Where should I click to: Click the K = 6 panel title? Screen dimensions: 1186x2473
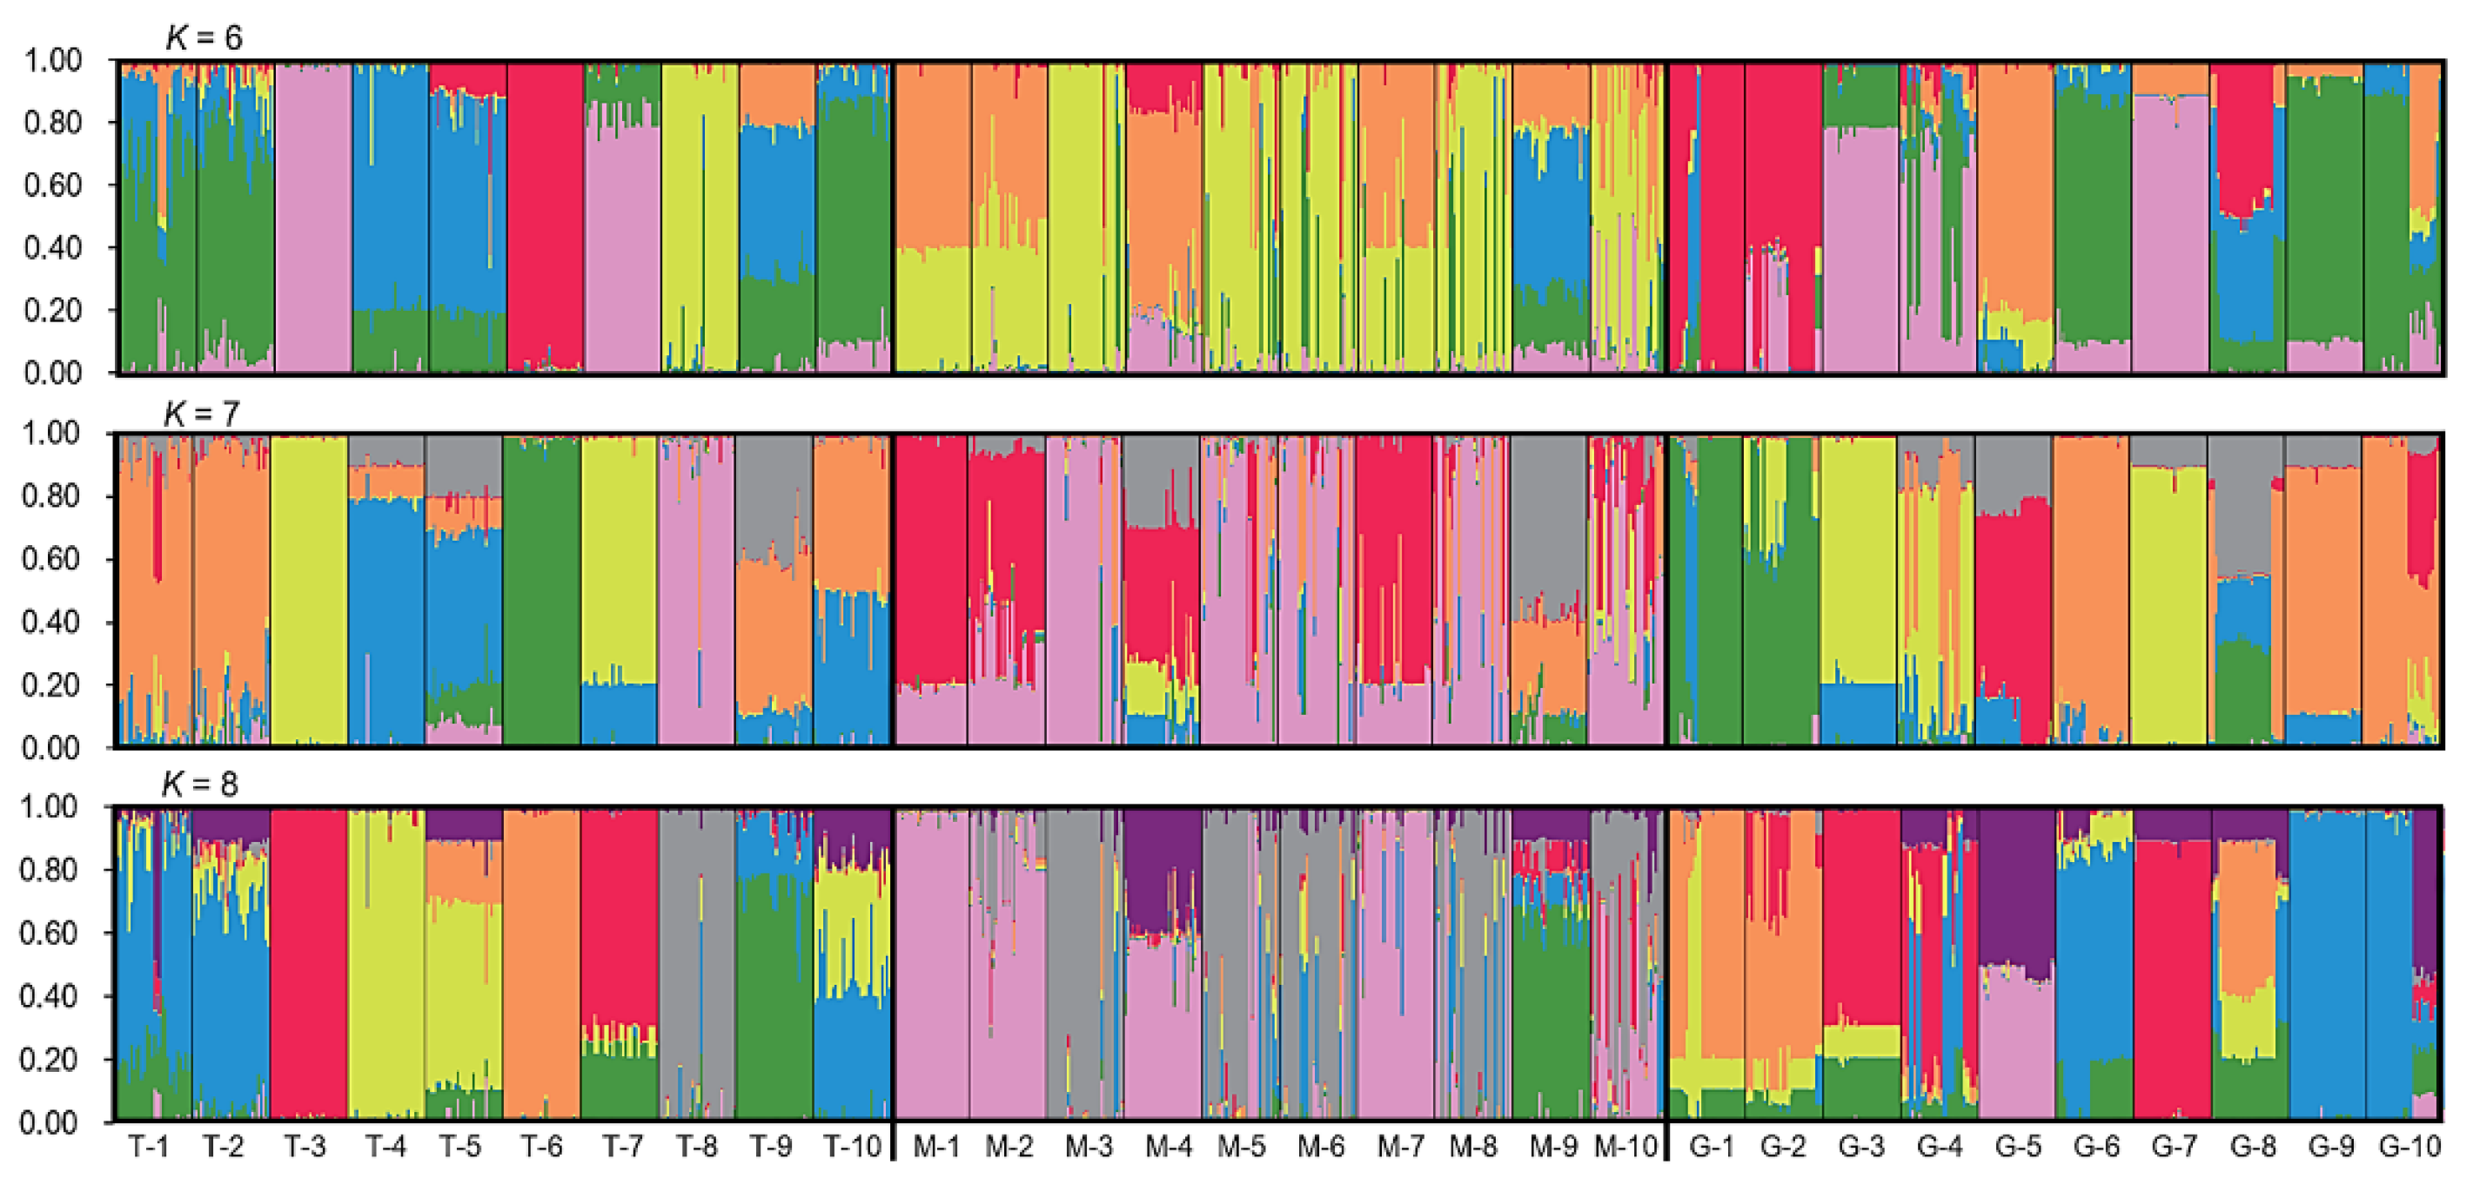click(204, 37)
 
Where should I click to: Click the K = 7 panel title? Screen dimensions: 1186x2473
click(201, 413)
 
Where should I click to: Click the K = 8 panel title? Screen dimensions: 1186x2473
click(198, 784)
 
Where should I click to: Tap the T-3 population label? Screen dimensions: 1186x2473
click(305, 1147)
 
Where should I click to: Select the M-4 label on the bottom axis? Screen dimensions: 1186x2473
click(1169, 1147)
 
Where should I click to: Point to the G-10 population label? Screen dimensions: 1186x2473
click(2409, 1147)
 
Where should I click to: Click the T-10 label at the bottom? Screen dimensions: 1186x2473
click(853, 1147)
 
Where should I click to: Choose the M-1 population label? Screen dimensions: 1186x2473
click(935, 1147)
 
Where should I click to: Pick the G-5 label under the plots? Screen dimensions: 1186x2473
click(2017, 1147)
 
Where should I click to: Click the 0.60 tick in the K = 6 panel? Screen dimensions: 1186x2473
click(53, 185)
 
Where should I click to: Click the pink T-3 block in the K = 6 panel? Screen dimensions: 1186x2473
click(313, 221)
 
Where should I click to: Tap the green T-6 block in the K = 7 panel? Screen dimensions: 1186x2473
click(540, 590)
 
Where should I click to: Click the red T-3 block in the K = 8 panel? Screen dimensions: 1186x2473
click(308, 960)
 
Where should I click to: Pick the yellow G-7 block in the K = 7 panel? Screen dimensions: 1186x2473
click(2167, 605)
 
